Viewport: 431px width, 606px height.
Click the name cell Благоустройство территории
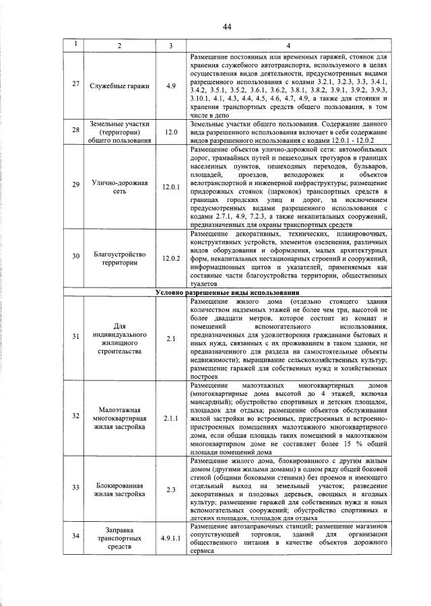(x=119, y=259)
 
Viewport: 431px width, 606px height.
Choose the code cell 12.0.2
(x=170, y=259)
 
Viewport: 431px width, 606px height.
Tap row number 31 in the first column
(x=76, y=335)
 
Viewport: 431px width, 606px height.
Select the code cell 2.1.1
(x=170, y=417)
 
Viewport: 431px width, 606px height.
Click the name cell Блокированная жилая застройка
(x=119, y=489)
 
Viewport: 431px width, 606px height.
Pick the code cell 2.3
(x=170, y=489)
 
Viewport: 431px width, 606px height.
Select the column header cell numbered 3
(x=170, y=45)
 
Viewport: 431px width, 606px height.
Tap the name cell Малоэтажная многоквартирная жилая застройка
(x=119, y=417)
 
